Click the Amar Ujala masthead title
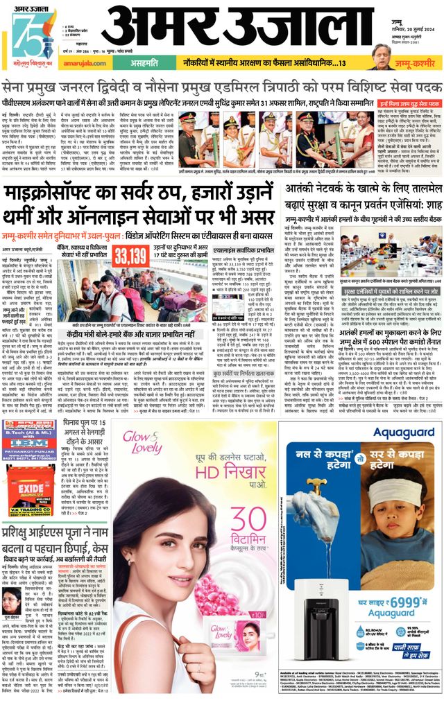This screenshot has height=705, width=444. click(x=236, y=29)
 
